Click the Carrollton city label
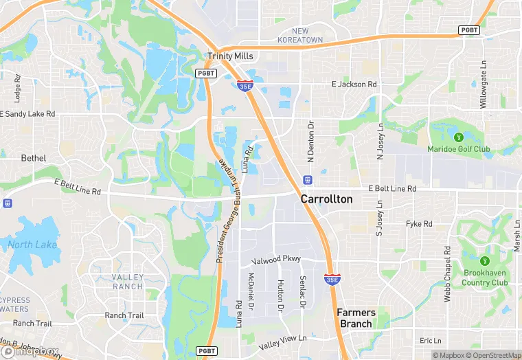(x=326, y=199)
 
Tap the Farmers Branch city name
(x=356, y=318)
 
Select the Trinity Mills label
(x=230, y=56)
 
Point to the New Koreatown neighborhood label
(x=300, y=36)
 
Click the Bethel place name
(x=34, y=159)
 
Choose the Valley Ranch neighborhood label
(x=127, y=282)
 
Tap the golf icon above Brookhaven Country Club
(x=485, y=260)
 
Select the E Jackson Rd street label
(x=354, y=85)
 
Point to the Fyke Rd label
(x=419, y=224)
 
